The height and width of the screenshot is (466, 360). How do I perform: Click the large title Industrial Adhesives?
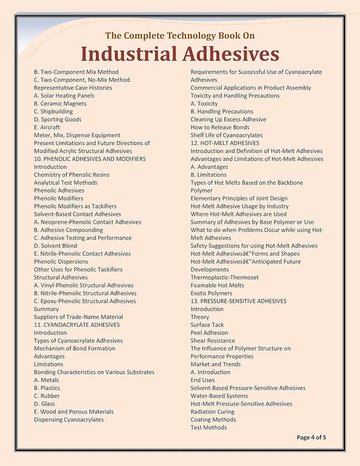[x=180, y=54]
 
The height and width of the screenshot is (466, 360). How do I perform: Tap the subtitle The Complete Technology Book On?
[x=180, y=35]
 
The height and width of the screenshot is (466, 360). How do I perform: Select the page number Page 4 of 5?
[x=311, y=437]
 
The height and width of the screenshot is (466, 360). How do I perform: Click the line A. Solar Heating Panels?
[x=64, y=95]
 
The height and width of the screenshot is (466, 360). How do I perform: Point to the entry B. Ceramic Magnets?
[x=60, y=103]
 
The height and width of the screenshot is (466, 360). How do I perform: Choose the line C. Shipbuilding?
[x=53, y=111]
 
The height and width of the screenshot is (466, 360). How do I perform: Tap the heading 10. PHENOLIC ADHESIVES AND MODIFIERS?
[x=89, y=159]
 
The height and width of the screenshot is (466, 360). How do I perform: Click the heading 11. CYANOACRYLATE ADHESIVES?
[x=77, y=324]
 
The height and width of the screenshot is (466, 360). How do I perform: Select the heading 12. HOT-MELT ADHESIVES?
[x=225, y=143]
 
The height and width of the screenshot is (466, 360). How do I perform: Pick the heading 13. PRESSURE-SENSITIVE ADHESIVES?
[x=239, y=301]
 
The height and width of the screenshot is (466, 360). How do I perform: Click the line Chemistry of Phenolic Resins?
[x=71, y=175]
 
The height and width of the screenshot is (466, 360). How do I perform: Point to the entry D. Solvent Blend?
[x=55, y=246]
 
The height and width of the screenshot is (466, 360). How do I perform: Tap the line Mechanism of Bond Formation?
[x=74, y=348]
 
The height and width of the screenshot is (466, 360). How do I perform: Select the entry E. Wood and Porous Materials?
[x=73, y=411]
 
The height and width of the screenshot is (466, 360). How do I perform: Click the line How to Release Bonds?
[x=220, y=127]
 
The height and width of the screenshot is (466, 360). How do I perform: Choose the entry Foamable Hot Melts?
[x=217, y=285]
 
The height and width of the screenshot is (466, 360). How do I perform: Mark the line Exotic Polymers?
[x=211, y=293]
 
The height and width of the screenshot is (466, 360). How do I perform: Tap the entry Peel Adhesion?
[x=209, y=333]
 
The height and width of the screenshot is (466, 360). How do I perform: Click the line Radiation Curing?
[x=214, y=411]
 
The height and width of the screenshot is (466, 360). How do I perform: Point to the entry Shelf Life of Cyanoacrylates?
[x=227, y=135]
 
